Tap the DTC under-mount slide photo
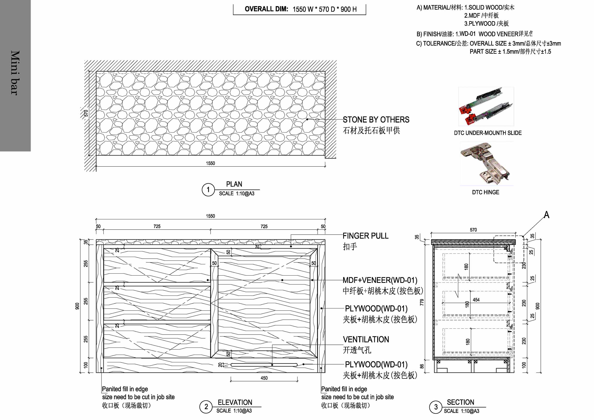[486, 107]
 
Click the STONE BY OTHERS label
[376, 120]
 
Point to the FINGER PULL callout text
[365, 236]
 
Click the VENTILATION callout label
[366, 340]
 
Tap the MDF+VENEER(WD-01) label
[380, 280]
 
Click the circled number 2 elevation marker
[206, 407]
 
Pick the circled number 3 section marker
[436, 407]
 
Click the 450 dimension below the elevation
[264, 378]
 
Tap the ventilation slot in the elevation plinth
[264, 365]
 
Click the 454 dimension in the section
[476, 300]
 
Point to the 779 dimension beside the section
[422, 302]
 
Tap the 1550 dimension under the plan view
[210, 163]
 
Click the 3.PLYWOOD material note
[486, 23]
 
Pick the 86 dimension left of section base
[422, 366]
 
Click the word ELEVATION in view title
[235, 403]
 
